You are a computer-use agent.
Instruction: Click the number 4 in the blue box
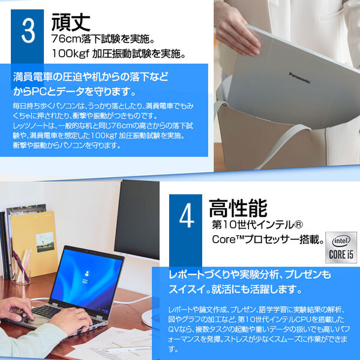[187, 218]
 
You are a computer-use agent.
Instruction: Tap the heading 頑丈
[71, 22]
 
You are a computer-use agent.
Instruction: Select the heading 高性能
[237, 209]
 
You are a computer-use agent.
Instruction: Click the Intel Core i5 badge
[338, 247]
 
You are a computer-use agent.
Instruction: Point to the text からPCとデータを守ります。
[74, 92]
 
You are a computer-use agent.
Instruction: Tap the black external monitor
[137, 220]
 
